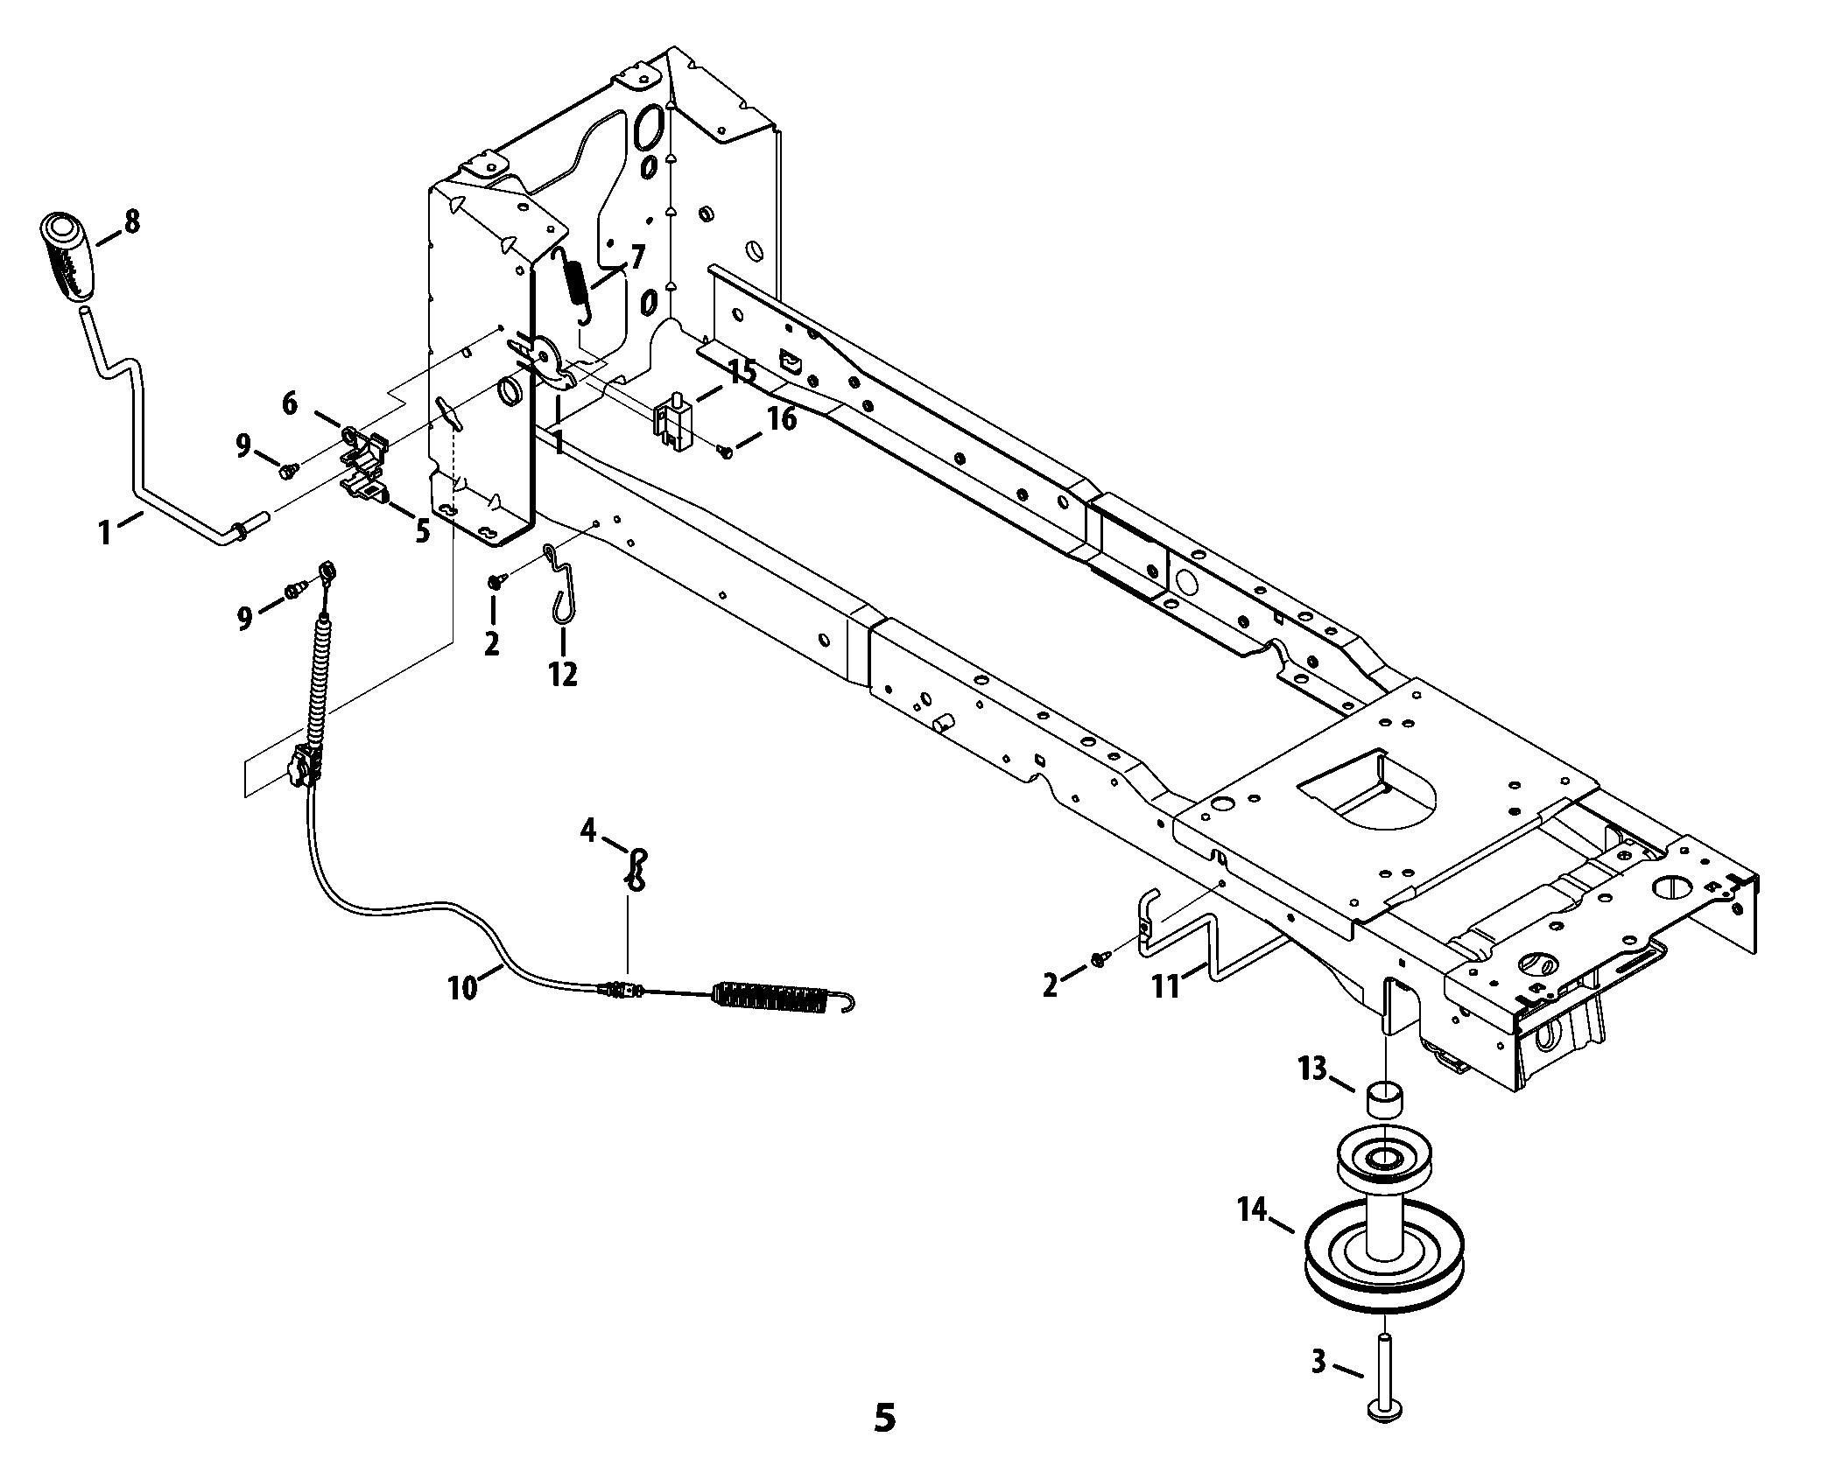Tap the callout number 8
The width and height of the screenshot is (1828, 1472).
(131, 222)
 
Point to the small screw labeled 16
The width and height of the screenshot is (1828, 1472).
(725, 451)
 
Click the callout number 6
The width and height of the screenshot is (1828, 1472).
(290, 403)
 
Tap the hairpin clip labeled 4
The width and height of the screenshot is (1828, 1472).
(636, 869)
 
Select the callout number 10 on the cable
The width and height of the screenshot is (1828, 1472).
(462, 989)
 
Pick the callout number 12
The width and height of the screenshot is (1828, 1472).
(563, 674)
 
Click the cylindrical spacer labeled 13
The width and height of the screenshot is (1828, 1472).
(1384, 1101)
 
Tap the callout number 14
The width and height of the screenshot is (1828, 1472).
(1253, 1210)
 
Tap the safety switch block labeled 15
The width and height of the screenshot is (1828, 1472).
(672, 421)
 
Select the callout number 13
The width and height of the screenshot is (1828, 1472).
(1312, 1069)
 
